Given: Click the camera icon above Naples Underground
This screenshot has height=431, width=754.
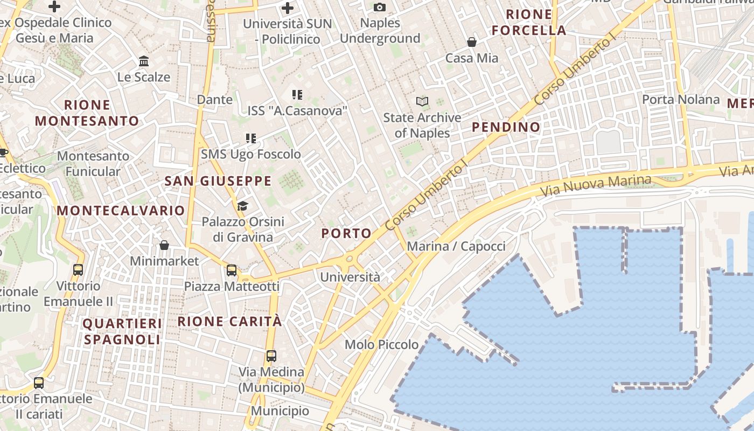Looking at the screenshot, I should [380, 7].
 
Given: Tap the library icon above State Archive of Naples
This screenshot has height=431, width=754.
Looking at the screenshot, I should [422, 101].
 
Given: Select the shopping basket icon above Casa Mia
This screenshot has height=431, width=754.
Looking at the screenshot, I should [472, 42].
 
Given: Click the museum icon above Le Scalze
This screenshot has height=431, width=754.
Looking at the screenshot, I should [144, 61].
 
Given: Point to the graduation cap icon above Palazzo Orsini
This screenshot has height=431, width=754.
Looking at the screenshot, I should [242, 206].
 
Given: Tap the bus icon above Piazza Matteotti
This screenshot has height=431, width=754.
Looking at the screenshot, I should [232, 270].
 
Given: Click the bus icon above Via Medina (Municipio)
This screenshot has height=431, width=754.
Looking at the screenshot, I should [271, 356].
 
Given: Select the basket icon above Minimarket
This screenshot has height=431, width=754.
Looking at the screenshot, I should [164, 245].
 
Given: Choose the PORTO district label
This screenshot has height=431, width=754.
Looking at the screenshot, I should [346, 233].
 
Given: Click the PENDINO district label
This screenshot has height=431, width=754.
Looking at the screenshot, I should [506, 127].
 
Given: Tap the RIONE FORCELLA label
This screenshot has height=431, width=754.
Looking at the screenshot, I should [529, 22].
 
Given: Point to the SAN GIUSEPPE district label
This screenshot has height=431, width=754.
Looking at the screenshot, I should [218, 181].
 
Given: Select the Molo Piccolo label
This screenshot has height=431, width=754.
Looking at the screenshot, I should [381, 344].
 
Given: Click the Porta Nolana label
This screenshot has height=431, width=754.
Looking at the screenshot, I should [681, 99].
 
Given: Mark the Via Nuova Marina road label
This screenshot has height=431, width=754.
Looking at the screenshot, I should [595, 186].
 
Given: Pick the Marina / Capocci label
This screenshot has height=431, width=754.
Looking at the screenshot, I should [456, 246].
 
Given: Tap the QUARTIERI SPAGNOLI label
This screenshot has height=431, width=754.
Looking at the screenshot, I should [122, 331].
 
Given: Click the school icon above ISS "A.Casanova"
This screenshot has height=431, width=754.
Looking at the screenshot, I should [297, 95].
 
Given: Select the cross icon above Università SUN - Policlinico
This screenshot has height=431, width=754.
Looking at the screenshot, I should [288, 8].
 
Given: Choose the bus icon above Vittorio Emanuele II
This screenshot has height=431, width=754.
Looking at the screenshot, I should [78, 269].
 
